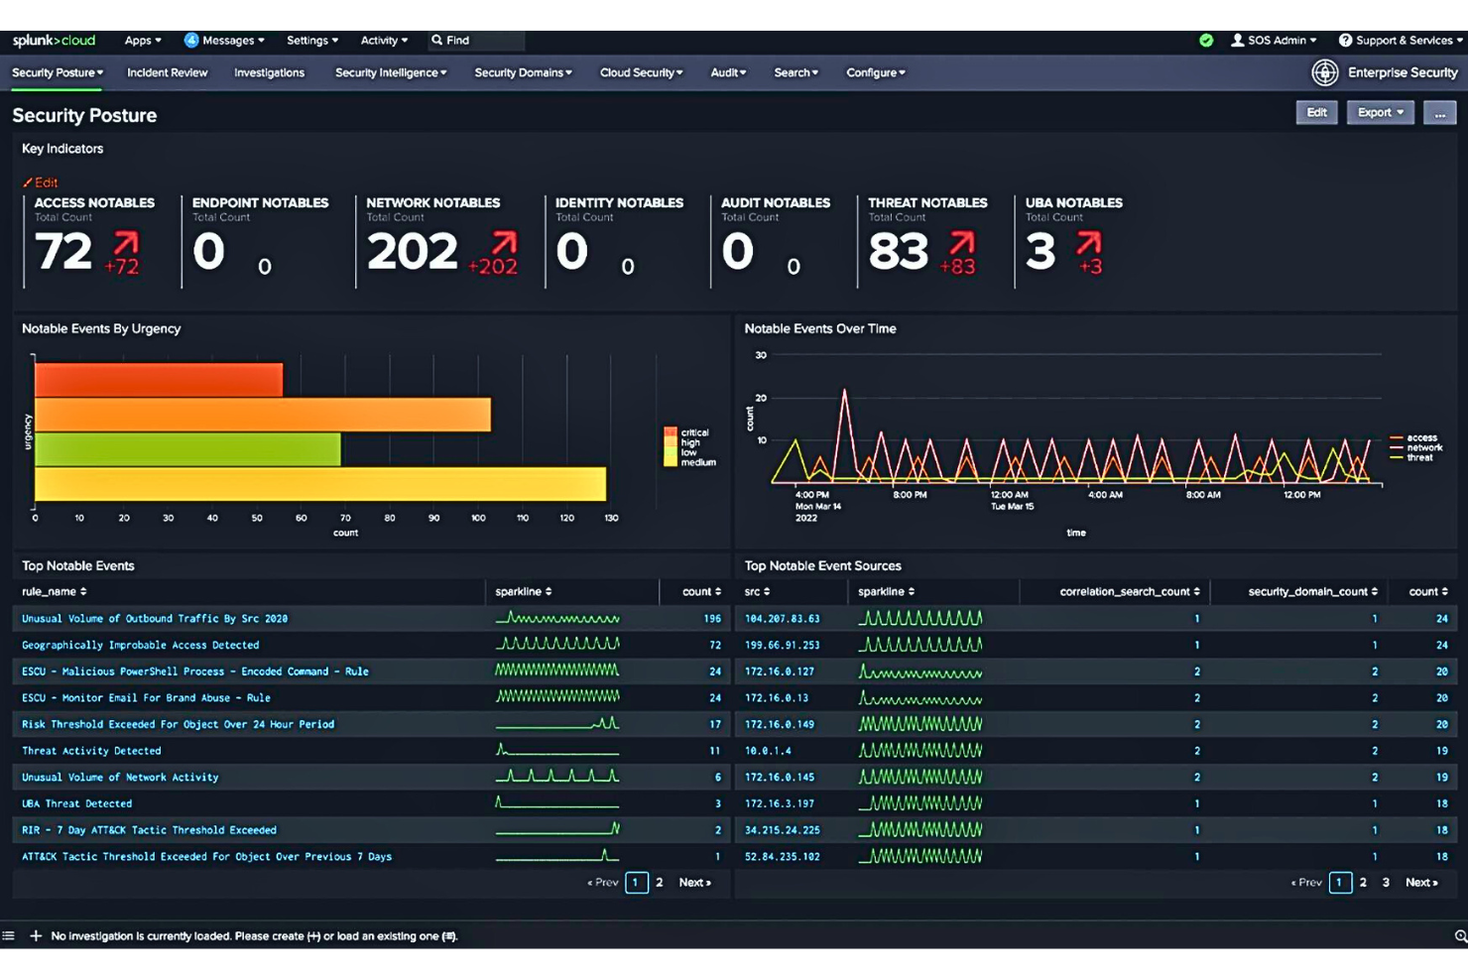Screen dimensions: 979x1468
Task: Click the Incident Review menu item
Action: click(x=167, y=72)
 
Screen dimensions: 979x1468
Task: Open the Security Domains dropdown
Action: click(x=522, y=72)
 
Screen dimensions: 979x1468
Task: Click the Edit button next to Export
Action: click(x=1316, y=113)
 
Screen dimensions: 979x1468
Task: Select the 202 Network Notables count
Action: click(x=412, y=252)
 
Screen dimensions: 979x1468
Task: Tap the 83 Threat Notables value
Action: click(x=898, y=252)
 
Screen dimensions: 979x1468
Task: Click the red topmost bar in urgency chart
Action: click(x=159, y=380)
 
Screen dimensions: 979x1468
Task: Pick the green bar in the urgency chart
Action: click(x=187, y=449)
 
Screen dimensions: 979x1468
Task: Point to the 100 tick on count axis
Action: click(x=478, y=518)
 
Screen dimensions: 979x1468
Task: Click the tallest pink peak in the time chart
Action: click(x=845, y=393)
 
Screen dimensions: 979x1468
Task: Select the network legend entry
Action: click(x=1423, y=447)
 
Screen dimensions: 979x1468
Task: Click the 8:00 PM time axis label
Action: click(x=910, y=495)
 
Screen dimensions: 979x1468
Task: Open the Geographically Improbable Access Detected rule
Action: click(x=140, y=645)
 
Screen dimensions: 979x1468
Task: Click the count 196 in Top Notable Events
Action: click(x=711, y=619)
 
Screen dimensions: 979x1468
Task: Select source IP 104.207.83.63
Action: click(x=782, y=619)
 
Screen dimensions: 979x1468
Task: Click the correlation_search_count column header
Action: click(x=1128, y=592)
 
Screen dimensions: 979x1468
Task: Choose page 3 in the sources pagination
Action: click(x=1385, y=883)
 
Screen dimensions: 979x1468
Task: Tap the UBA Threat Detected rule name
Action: click(x=76, y=804)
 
